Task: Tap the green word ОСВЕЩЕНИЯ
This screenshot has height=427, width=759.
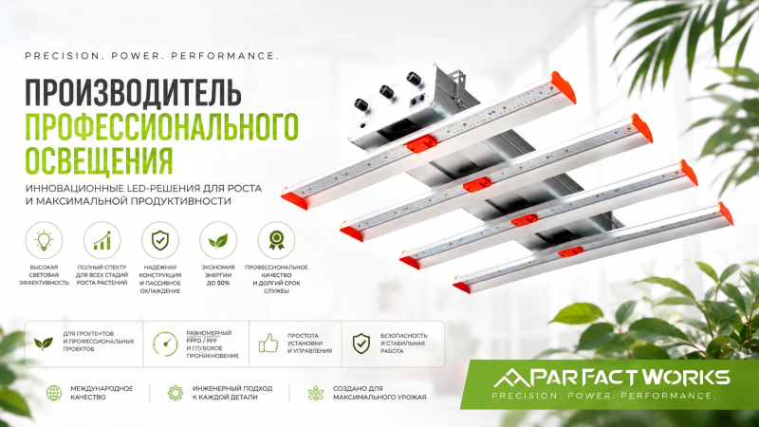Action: pyautogui.click(x=100, y=160)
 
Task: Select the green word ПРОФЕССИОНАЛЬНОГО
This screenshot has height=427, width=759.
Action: pyautogui.click(x=161, y=126)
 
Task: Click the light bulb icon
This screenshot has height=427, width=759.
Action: pyautogui.click(x=44, y=240)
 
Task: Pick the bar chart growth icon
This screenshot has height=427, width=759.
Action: pyautogui.click(x=102, y=240)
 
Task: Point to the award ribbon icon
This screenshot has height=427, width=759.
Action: pyautogui.click(x=276, y=240)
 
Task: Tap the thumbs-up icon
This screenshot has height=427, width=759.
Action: pyautogui.click(x=268, y=343)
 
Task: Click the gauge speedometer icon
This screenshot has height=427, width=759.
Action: pyautogui.click(x=165, y=343)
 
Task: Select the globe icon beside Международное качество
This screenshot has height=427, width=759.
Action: pyautogui.click(x=54, y=393)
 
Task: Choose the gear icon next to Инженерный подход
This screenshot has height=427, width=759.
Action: pyautogui.click(x=175, y=393)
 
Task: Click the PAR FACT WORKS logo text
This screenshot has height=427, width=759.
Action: pyautogui.click(x=611, y=377)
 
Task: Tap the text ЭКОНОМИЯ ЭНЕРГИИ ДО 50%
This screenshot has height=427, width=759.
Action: pyautogui.click(x=218, y=275)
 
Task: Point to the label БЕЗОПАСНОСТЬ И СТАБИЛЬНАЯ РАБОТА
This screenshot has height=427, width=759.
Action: pyautogui.click(x=404, y=343)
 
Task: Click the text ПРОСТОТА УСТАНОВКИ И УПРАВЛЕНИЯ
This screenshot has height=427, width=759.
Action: pyautogui.click(x=310, y=343)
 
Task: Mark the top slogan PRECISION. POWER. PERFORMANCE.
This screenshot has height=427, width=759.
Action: pyautogui.click(x=152, y=56)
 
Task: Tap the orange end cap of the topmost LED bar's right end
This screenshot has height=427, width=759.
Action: pyautogui.click(x=564, y=87)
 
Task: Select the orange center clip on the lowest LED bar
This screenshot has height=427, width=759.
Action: pyautogui.click(x=570, y=252)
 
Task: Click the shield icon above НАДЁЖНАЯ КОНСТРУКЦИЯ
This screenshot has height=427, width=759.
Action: pyautogui.click(x=160, y=240)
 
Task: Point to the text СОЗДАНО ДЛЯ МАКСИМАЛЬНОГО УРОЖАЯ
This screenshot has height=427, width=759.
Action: pyautogui.click(x=379, y=393)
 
